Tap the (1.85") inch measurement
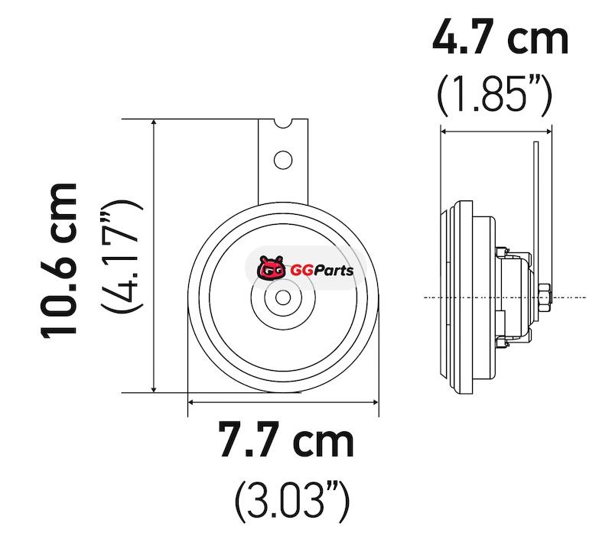tap(494, 94)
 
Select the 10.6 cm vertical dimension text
tap(59, 259)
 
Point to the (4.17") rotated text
tap(122, 256)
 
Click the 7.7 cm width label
tap(286, 439)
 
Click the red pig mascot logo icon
tap(270, 268)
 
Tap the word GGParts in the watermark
tap(321, 271)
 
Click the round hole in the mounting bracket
tap(283, 160)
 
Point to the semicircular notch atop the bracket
tap(283, 124)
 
